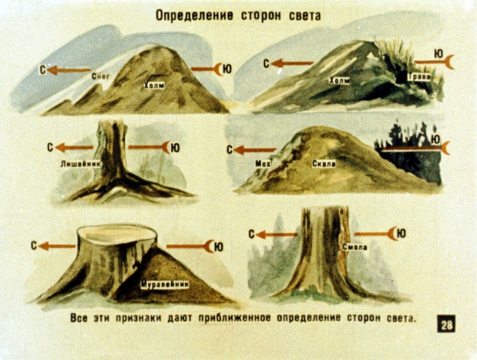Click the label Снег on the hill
pyautogui.click(x=100, y=76)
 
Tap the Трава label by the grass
pyautogui.click(x=419, y=77)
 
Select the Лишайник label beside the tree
pyautogui.click(x=81, y=164)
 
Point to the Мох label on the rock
pyautogui.click(x=263, y=164)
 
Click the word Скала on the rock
pyautogui.click(x=324, y=164)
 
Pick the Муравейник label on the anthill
pyautogui.click(x=165, y=284)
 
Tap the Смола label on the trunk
pyautogui.click(x=355, y=247)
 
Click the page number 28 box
pyautogui.click(x=447, y=325)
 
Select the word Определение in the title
pyautogui.click(x=195, y=15)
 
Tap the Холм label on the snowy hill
pyautogui.click(x=154, y=86)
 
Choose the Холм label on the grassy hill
pyautogui.click(x=339, y=81)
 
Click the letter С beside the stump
pyautogui.click(x=34, y=246)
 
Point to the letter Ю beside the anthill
pyautogui.click(x=219, y=247)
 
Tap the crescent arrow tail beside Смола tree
pyautogui.click(x=393, y=234)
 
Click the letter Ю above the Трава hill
pyautogui.click(x=439, y=54)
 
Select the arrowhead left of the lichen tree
pyautogui.click(x=61, y=147)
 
